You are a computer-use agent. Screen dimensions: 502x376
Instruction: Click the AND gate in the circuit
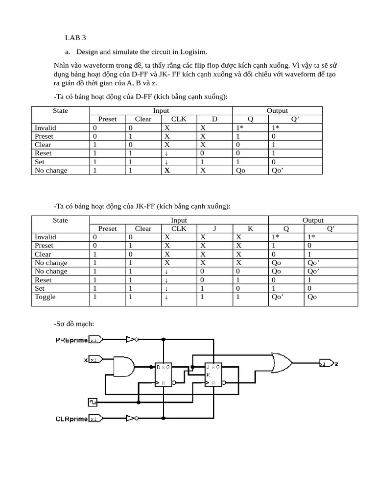click(124, 365)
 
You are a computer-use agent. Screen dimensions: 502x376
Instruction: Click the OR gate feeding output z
click(282, 363)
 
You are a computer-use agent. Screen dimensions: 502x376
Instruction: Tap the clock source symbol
click(92, 402)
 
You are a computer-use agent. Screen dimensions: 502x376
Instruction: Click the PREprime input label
click(72, 339)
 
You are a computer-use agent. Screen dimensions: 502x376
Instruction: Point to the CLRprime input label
click(72, 419)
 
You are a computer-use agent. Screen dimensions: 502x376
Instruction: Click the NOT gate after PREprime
click(131, 339)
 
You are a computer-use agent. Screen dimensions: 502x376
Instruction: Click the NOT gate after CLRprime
click(131, 418)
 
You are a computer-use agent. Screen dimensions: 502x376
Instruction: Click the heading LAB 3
click(75, 38)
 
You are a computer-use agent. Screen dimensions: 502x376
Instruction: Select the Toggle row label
click(45, 297)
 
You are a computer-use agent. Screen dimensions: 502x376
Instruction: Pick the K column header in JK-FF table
click(250, 228)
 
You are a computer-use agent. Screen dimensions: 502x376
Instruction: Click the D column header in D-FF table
click(214, 119)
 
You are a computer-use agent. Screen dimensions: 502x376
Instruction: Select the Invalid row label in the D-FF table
click(45, 127)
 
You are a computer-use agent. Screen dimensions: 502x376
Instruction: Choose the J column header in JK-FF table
click(214, 228)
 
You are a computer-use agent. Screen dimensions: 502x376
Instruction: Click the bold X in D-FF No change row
click(167, 171)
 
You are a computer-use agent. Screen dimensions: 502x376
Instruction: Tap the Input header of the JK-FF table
click(179, 221)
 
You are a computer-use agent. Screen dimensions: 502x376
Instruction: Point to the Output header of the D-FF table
click(277, 111)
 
